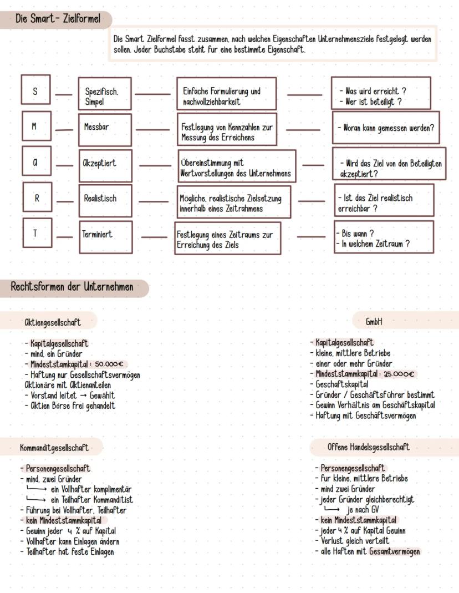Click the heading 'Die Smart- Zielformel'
click(x=58, y=19)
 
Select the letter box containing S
click(x=36, y=90)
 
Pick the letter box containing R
click(x=37, y=198)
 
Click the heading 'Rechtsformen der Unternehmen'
click(x=72, y=287)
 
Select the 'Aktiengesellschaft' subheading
click(x=53, y=322)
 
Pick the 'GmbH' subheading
click(x=374, y=322)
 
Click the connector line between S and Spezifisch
click(x=64, y=95)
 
